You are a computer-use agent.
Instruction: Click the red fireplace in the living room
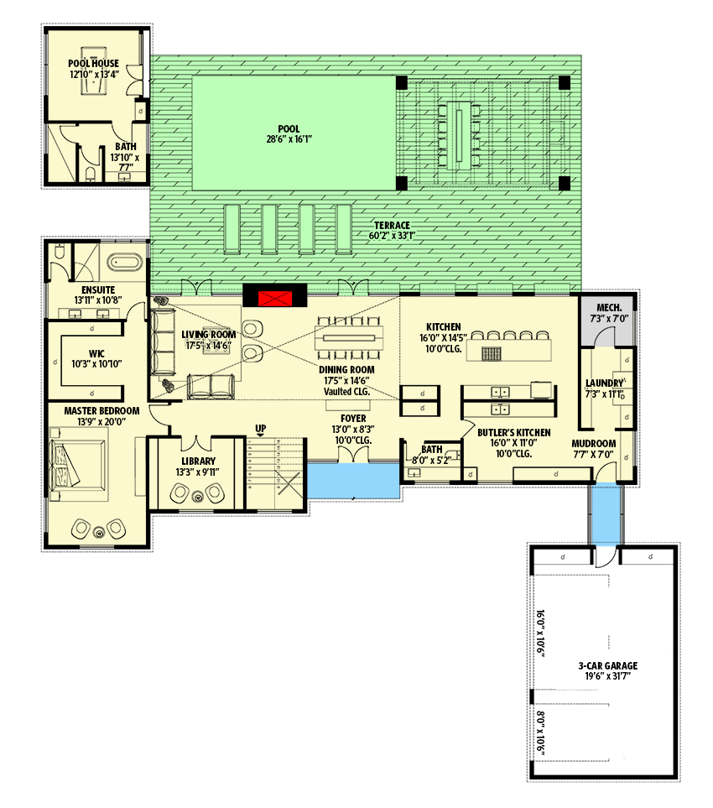click(x=275, y=298)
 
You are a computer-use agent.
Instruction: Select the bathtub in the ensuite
click(x=126, y=263)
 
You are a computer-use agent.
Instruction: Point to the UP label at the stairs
click(x=261, y=429)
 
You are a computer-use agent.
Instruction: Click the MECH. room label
click(x=608, y=308)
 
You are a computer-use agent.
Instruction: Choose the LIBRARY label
click(x=199, y=461)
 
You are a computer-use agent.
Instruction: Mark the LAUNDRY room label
click(x=605, y=383)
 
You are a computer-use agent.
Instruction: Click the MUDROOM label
click(x=594, y=443)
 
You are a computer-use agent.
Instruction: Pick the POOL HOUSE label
click(x=93, y=63)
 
